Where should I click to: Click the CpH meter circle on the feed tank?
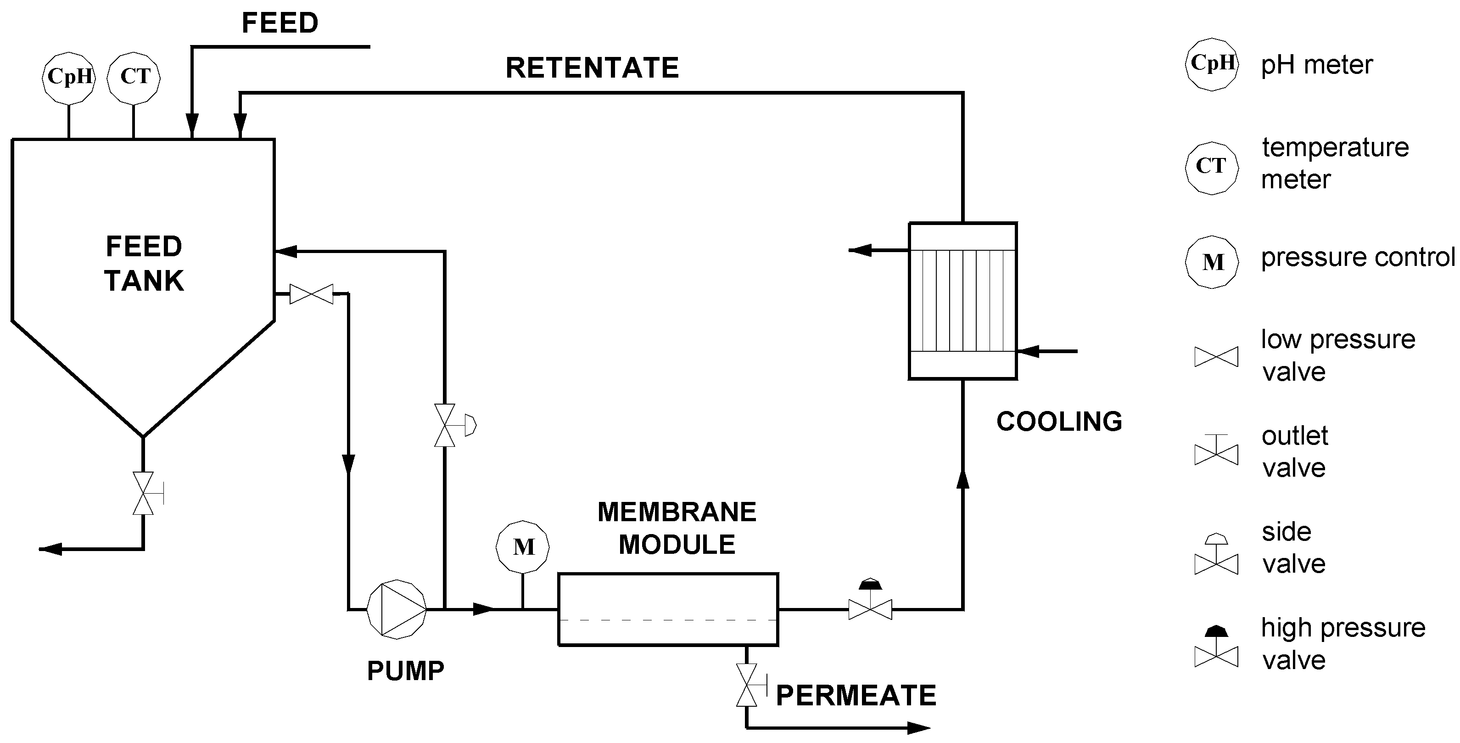pos(68,78)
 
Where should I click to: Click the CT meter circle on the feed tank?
pos(134,78)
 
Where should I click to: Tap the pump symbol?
pos(396,609)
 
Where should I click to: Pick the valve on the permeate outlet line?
pos(746,685)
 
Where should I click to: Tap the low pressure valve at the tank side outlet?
pos(311,294)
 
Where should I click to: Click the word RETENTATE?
pos(592,68)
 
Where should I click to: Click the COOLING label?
pos(1059,422)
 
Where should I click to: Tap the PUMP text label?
pos(405,671)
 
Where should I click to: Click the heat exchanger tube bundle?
pos(962,301)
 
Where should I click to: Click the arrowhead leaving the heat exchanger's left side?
pos(861,250)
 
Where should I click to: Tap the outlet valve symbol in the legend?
pos(1216,451)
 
